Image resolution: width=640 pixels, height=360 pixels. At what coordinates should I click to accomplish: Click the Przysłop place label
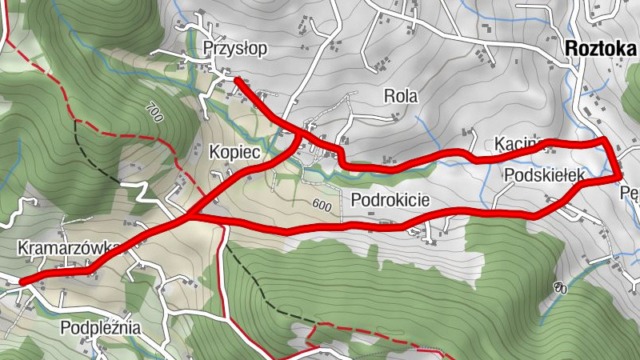point(235,49)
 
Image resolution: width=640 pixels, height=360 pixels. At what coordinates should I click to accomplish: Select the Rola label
point(401,97)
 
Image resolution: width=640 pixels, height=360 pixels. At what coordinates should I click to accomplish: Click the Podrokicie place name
point(390,199)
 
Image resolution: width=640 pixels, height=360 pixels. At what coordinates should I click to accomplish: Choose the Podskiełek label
point(545,174)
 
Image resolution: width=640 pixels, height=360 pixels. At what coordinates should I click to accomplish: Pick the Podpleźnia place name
point(101,327)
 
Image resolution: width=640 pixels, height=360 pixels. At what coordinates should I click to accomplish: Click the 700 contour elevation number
point(154,111)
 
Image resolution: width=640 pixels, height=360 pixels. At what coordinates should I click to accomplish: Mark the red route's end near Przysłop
point(237,79)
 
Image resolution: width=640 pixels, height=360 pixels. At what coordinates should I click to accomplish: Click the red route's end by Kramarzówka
point(22,281)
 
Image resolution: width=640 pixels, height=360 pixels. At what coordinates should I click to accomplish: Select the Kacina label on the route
point(519,144)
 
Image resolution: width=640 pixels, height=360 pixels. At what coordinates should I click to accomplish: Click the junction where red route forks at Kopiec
point(190,216)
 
